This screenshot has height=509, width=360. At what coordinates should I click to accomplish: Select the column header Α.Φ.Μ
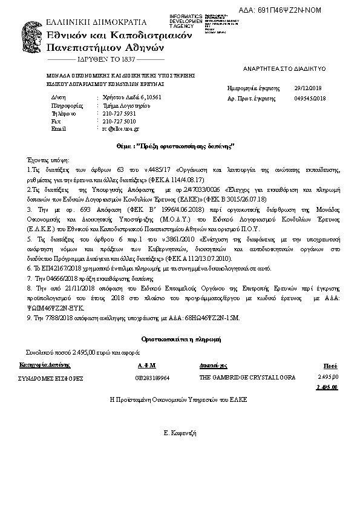click(x=146, y=366)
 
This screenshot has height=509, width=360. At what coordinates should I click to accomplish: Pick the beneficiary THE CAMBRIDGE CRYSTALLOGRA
click(x=247, y=378)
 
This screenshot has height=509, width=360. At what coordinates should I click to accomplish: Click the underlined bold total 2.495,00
click(x=327, y=387)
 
